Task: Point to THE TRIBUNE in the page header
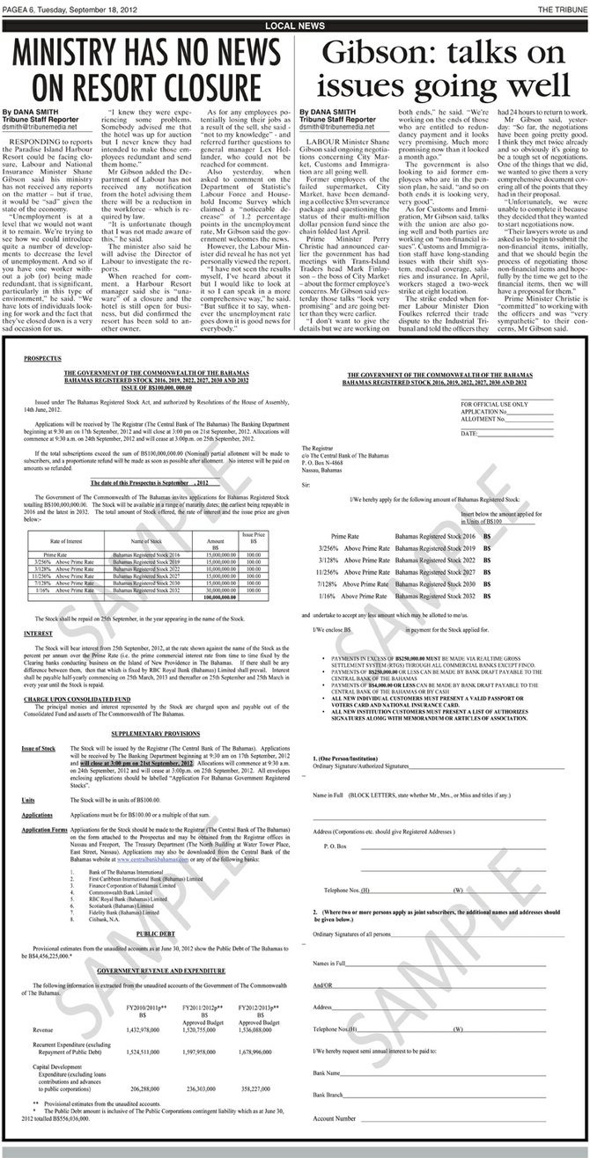(564, 7)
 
